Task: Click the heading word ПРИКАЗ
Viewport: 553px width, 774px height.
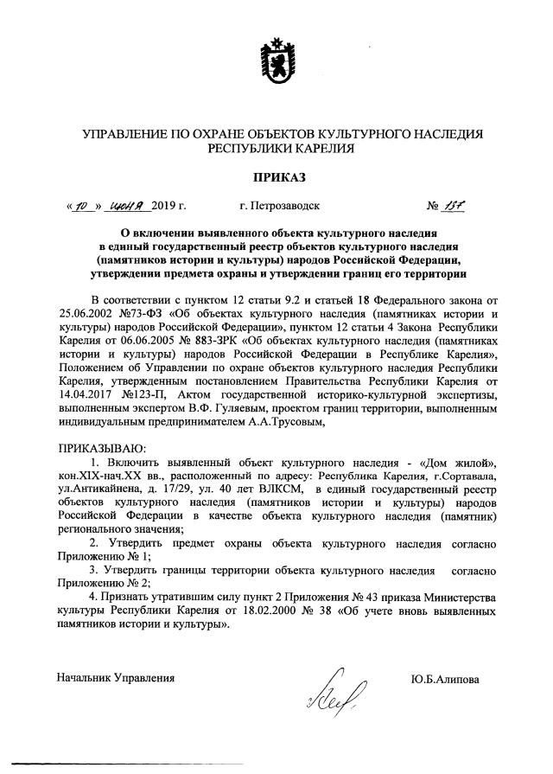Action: click(x=276, y=178)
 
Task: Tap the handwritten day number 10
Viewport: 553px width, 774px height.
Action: click(x=81, y=207)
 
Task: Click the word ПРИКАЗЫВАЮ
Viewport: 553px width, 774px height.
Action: click(x=101, y=451)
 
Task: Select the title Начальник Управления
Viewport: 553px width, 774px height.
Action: click(x=116, y=679)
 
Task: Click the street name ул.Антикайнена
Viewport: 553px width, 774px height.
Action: click(x=105, y=493)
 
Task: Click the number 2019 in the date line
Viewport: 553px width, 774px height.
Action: click(x=162, y=208)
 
